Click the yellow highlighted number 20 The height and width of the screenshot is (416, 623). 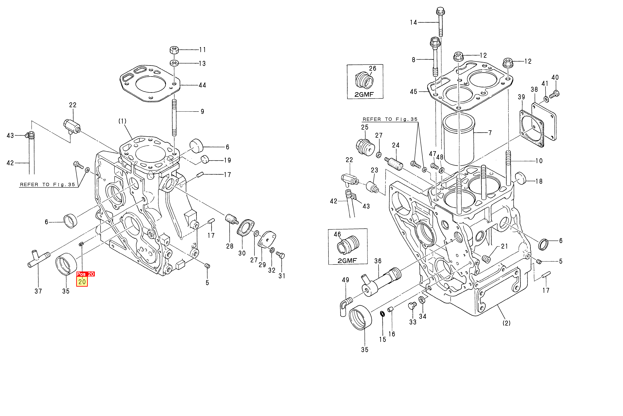[x=82, y=282]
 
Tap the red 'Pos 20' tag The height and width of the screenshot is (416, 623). [x=85, y=274]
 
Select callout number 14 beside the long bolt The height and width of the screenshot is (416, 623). [x=413, y=23]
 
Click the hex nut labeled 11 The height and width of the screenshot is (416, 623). [x=174, y=50]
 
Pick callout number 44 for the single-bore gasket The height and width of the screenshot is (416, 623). [x=202, y=85]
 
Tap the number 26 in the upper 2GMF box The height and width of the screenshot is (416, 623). [x=372, y=68]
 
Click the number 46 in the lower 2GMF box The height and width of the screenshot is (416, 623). [x=337, y=234]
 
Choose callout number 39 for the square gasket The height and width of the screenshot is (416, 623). [x=521, y=97]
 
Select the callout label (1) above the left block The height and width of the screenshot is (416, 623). [x=122, y=121]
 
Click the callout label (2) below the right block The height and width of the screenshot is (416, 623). [x=506, y=323]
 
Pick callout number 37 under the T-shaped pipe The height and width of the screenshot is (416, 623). [x=38, y=291]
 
